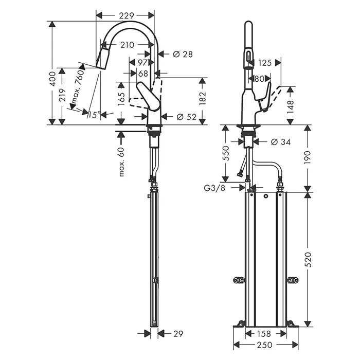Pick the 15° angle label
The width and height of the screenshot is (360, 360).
tap(93, 115)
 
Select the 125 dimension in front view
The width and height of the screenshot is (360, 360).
tap(264, 63)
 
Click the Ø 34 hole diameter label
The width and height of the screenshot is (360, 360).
tap(280, 141)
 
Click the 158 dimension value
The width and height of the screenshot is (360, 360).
tap(265, 333)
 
